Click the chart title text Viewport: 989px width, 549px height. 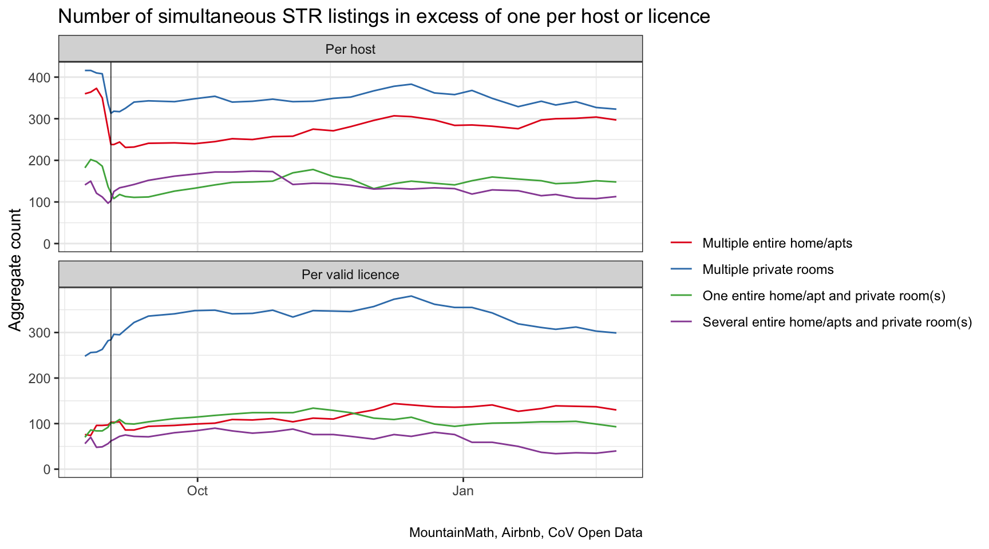point(383,17)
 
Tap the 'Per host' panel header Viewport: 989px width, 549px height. point(350,49)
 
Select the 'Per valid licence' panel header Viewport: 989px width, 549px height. point(350,274)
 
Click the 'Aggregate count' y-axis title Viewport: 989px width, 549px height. point(15,269)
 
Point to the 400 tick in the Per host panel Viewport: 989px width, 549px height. point(42,77)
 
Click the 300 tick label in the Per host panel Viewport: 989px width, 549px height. point(42,119)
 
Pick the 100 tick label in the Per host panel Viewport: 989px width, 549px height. point(42,202)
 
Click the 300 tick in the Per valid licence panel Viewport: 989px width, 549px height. point(42,333)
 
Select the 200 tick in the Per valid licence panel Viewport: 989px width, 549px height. point(42,379)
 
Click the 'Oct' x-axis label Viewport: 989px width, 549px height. point(197,491)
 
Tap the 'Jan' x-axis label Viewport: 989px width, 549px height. point(462,491)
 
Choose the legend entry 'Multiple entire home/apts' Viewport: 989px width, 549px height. point(777,244)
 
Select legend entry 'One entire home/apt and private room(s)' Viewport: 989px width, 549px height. point(824,296)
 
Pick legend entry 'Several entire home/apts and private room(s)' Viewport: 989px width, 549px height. point(837,323)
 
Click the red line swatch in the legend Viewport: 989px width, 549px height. point(681,244)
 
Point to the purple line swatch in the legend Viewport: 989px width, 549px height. point(681,323)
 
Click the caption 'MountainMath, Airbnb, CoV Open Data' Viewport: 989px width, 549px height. point(525,533)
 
